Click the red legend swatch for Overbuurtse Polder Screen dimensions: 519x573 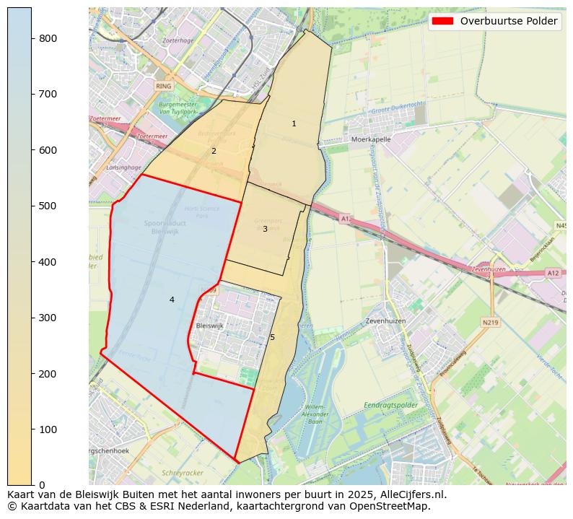(442, 21)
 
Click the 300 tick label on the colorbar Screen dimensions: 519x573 (48, 318)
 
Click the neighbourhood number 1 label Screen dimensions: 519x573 (294, 123)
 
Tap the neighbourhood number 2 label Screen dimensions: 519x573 (214, 151)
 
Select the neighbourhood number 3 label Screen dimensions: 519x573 (265, 229)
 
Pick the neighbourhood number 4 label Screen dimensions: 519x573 (172, 300)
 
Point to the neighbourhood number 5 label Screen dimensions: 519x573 (272, 337)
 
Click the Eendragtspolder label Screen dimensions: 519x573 (390, 406)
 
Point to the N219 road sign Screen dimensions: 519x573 (491, 323)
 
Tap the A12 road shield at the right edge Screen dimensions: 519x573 (553, 273)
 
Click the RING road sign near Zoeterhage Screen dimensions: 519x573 (164, 85)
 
